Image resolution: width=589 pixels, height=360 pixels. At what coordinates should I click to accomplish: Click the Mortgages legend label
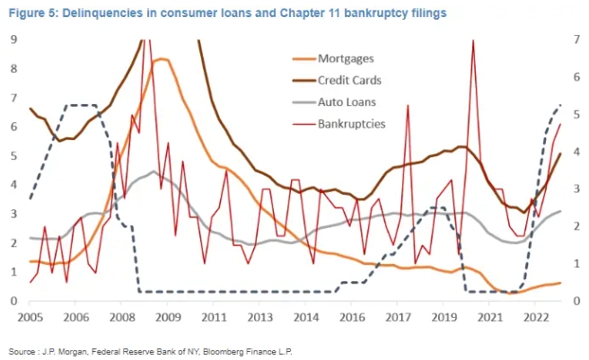(346, 58)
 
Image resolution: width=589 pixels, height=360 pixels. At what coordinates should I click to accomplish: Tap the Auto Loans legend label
(347, 101)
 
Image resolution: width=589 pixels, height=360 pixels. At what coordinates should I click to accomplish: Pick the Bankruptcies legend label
(352, 123)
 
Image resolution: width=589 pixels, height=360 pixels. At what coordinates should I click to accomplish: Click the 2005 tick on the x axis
(31, 317)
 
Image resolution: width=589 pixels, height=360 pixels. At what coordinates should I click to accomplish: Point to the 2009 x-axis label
(168, 317)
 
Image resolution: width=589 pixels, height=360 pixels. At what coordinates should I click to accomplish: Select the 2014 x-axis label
(305, 317)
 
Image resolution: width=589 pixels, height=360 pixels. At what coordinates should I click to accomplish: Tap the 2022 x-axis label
(536, 317)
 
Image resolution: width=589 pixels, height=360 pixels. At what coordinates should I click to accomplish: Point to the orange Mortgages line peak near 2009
(160, 59)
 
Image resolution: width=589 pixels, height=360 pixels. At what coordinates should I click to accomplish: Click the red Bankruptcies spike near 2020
(472, 41)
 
